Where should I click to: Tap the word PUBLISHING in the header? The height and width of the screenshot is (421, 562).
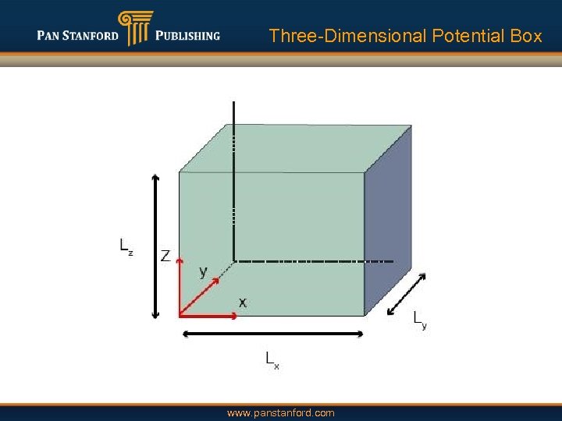187,35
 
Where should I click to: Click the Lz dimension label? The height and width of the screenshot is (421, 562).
126,246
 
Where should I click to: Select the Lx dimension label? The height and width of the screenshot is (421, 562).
272,359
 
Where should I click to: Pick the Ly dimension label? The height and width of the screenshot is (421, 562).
419,319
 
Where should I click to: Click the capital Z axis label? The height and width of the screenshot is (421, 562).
165,256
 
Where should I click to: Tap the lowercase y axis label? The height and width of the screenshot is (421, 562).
204,271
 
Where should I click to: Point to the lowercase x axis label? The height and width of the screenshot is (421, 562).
243,302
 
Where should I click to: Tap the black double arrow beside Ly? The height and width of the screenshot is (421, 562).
407,294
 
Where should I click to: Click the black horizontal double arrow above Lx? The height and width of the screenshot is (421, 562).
272,334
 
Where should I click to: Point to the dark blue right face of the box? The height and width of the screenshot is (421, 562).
388,222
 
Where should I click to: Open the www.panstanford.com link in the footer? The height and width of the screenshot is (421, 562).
280,412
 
